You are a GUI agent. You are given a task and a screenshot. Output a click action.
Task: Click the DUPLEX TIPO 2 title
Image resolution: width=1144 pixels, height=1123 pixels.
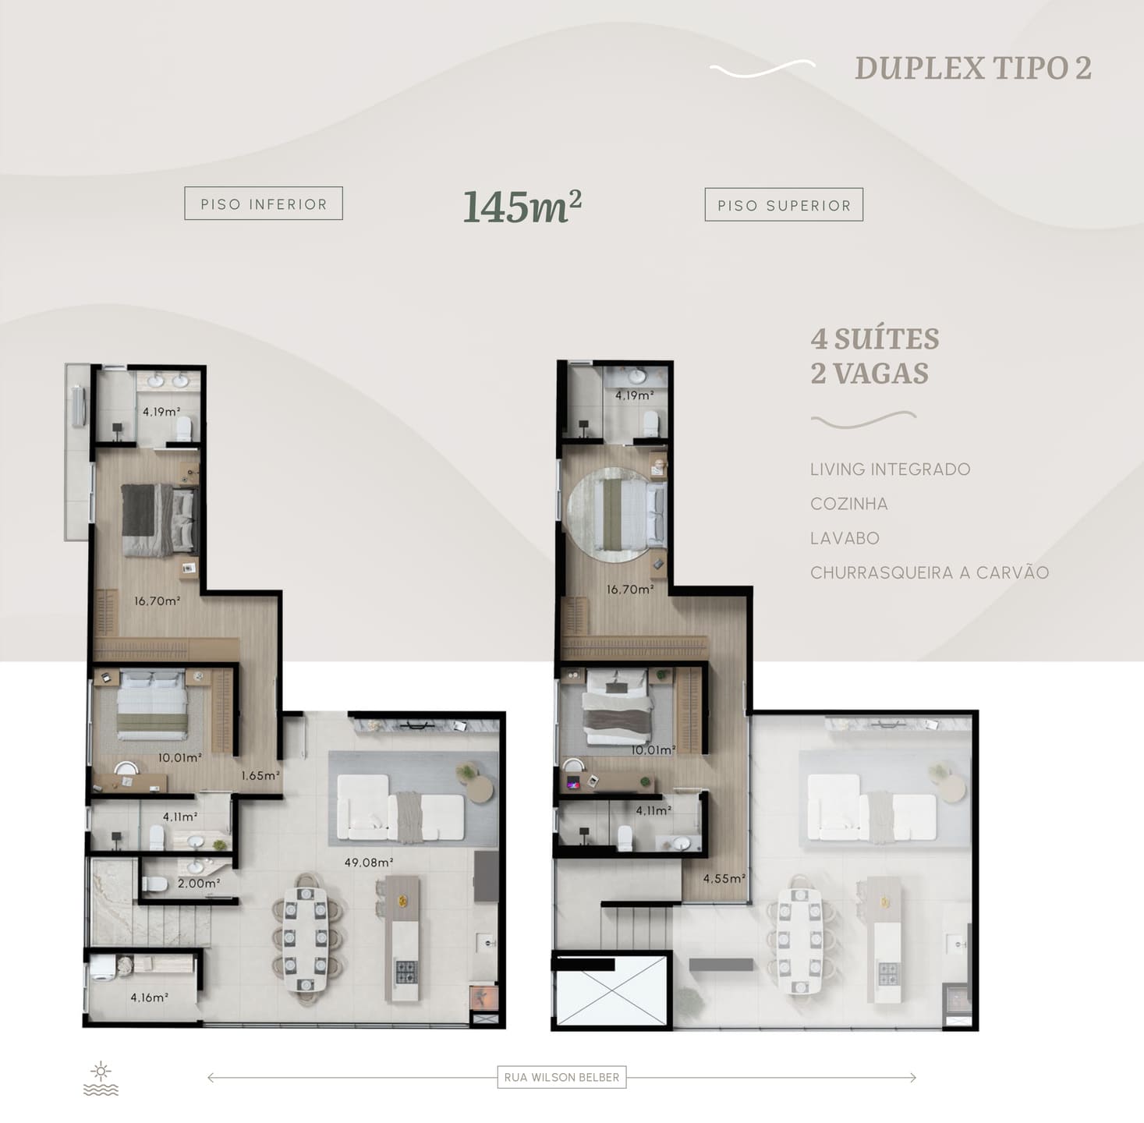click(x=973, y=69)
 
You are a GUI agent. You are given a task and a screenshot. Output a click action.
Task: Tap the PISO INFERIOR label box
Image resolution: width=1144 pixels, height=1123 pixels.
click(x=264, y=204)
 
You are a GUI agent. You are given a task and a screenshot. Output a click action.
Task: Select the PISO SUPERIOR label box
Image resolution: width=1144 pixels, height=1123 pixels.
click(x=784, y=205)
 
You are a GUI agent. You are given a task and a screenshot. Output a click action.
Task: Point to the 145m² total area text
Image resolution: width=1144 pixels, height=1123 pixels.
click(x=522, y=207)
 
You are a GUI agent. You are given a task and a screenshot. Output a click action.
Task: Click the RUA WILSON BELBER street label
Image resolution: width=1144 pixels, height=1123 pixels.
click(x=561, y=1077)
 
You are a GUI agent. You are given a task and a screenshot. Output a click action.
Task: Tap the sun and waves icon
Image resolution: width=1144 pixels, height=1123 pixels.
click(x=101, y=1079)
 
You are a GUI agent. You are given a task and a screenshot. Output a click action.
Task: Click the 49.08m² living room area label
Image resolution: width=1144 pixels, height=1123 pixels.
click(x=369, y=863)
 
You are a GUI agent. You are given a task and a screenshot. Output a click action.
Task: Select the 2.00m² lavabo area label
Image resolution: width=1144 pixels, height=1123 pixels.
click(x=199, y=884)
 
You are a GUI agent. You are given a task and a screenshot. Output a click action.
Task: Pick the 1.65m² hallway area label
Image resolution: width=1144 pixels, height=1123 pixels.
click(x=260, y=776)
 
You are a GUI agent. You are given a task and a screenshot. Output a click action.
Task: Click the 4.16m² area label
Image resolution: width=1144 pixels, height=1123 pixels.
click(x=149, y=997)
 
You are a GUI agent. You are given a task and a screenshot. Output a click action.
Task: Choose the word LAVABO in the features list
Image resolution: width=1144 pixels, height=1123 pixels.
click(x=845, y=538)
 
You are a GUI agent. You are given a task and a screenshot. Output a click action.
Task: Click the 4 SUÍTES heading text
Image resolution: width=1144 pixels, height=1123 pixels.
click(x=875, y=338)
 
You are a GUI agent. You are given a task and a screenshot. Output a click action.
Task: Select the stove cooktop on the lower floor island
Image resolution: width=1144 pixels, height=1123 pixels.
click(x=406, y=972)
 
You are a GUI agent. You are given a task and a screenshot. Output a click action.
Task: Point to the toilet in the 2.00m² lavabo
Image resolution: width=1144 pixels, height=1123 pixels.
click(x=155, y=884)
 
